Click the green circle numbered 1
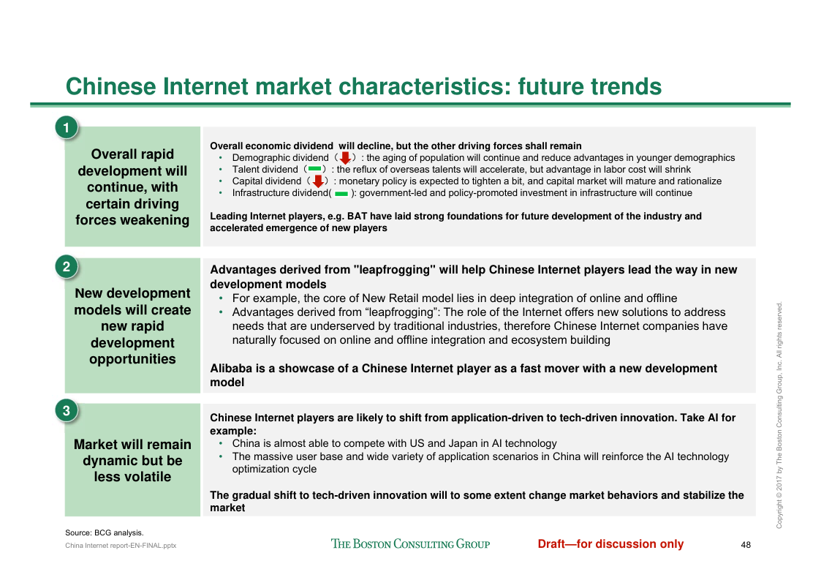(66, 128)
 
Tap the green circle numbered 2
(66, 267)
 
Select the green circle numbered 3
(66, 411)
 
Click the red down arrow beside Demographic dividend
(345, 158)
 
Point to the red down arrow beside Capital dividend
(317, 181)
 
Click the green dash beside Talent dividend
(314, 169)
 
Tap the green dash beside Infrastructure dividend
(341, 194)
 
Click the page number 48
(746, 545)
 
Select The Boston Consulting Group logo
(411, 544)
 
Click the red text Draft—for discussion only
(610, 544)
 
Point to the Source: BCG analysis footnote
(105, 533)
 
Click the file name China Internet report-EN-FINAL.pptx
(121, 546)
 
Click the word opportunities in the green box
(132, 359)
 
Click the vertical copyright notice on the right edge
(779, 415)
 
